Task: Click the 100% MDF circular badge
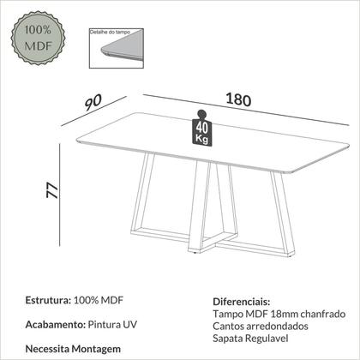[x=38, y=38]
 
